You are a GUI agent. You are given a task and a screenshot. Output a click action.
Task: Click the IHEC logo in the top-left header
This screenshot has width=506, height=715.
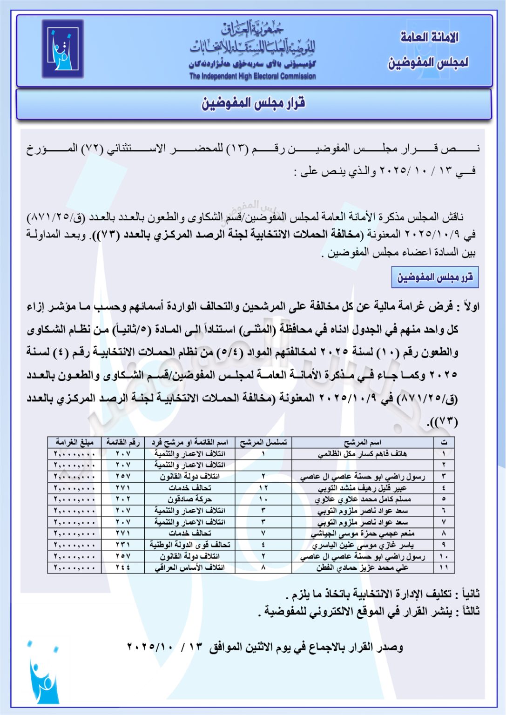[63, 49]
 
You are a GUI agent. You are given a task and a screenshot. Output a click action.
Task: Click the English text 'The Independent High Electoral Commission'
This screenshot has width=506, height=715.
[252, 76]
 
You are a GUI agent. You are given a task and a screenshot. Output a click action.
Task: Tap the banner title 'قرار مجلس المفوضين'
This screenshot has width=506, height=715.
[253, 103]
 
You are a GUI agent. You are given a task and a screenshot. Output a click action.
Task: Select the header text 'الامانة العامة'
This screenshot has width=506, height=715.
[429, 37]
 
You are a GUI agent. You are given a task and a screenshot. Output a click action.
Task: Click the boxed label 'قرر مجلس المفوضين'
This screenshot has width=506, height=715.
[435, 278]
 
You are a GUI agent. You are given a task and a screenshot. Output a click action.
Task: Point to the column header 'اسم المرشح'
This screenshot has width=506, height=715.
[362, 442]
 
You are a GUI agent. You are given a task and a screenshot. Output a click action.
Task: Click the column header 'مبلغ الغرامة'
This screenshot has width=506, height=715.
[74, 442]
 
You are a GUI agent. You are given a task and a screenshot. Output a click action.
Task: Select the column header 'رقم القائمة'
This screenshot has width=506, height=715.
[123, 442]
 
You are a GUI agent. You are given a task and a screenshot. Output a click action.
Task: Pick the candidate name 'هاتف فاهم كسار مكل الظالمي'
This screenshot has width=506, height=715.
[362, 454]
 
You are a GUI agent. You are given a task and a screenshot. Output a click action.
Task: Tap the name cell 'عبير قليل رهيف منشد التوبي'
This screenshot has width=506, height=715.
[362, 488]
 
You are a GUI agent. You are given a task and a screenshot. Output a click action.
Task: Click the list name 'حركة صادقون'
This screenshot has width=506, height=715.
[189, 499]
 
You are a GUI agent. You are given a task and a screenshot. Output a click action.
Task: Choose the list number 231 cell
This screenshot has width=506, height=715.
[123, 545]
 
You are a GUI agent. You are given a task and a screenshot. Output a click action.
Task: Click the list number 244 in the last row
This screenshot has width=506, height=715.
[123, 568]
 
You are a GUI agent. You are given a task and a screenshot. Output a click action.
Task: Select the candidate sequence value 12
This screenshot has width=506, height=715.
[263, 488]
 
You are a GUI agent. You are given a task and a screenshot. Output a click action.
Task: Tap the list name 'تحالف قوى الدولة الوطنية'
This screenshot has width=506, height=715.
[189, 545]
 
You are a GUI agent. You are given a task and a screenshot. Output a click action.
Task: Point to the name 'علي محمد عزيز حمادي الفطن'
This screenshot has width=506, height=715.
[362, 568]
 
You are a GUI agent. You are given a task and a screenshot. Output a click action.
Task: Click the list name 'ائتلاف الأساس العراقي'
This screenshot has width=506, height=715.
[189, 568]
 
